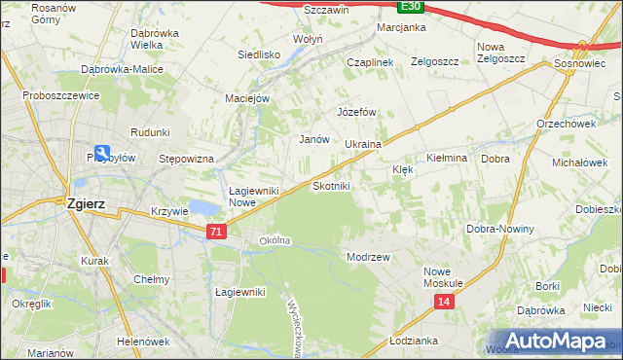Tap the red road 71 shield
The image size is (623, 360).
pyautogui.click(x=217, y=231)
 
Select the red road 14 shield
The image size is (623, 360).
pyautogui.click(x=444, y=303)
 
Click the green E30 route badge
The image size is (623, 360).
pyautogui.click(x=411, y=6)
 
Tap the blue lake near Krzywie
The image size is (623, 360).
pyautogui.click(x=205, y=207)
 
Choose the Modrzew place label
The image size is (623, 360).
pyautogui.click(x=368, y=257)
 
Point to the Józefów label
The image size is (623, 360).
pyautogui.click(x=356, y=112)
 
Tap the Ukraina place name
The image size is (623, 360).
pyautogui.click(x=362, y=144)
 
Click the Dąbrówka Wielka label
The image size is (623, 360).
pyautogui.click(x=132, y=38)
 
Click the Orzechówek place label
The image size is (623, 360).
pyautogui.click(x=566, y=124)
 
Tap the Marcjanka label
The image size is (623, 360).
pyautogui.click(x=402, y=27)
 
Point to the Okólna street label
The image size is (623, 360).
pyautogui.click(x=275, y=240)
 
